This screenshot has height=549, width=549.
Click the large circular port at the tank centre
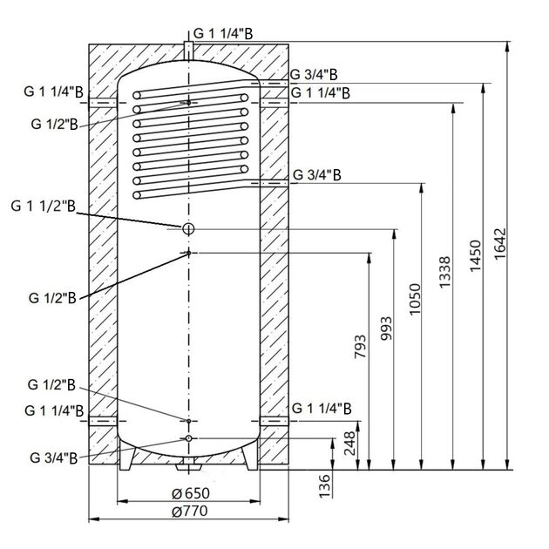(187, 228)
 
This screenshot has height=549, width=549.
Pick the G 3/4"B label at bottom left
(55, 458)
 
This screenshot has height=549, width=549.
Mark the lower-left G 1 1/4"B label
(55, 409)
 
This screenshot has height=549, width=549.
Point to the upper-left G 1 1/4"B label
(55, 90)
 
